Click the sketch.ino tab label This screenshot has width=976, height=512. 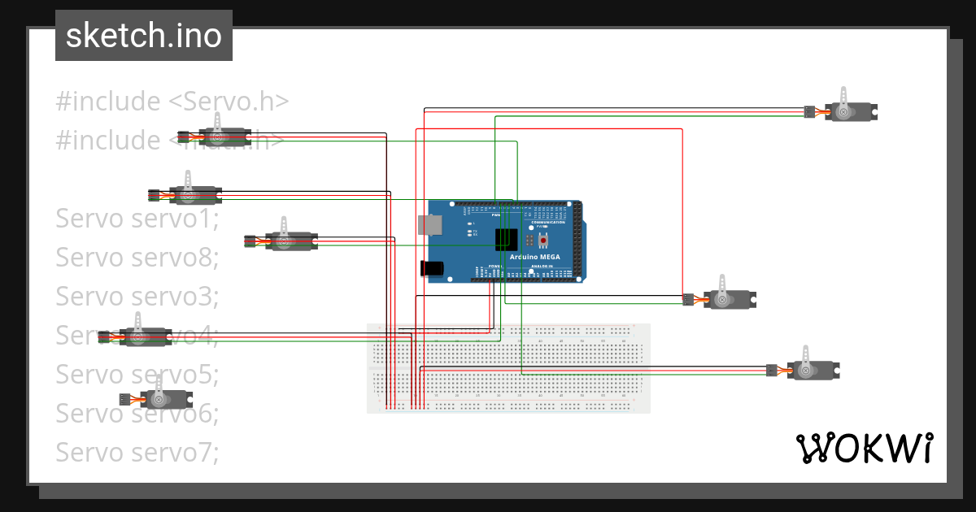(143, 36)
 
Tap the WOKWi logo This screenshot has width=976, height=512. (863, 448)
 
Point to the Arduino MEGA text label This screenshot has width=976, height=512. (534, 257)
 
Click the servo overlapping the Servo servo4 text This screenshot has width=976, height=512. (143, 336)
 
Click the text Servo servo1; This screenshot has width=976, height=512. (137, 219)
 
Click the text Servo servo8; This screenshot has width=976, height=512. (137, 258)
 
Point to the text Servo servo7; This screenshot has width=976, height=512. (137, 451)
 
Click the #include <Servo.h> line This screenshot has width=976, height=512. (172, 102)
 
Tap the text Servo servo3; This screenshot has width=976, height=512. (137, 297)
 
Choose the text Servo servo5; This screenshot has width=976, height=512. (137, 375)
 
